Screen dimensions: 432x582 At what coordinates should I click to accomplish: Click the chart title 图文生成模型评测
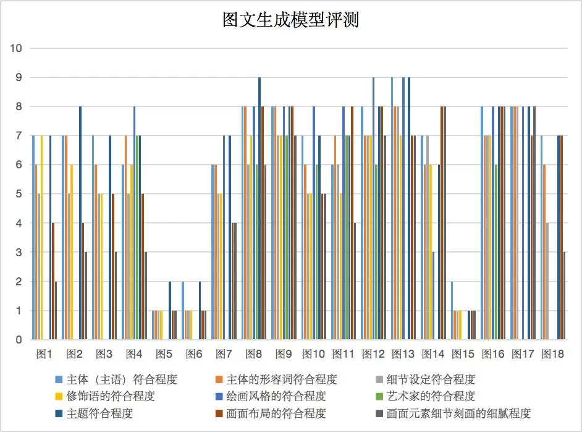tap(290, 20)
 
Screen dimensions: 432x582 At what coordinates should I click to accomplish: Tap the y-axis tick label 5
tap(19, 194)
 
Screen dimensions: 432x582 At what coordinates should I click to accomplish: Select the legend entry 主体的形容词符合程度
tap(281, 379)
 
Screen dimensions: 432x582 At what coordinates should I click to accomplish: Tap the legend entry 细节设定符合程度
tap(430, 379)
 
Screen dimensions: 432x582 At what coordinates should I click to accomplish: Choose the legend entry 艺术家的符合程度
tap(430, 396)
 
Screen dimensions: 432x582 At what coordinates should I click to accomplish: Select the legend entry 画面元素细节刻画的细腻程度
tap(458, 413)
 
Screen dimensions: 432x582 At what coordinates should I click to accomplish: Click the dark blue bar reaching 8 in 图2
tap(80, 223)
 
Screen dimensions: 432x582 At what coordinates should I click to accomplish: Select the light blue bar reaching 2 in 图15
tap(452, 310)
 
